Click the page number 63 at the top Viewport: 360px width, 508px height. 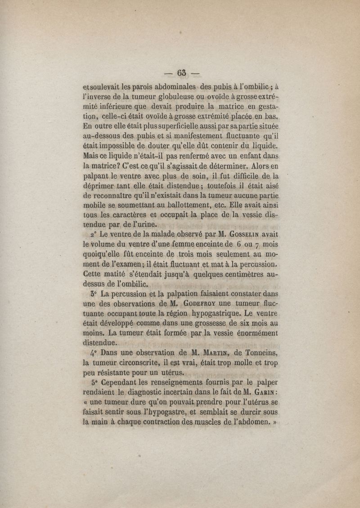click(182, 72)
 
